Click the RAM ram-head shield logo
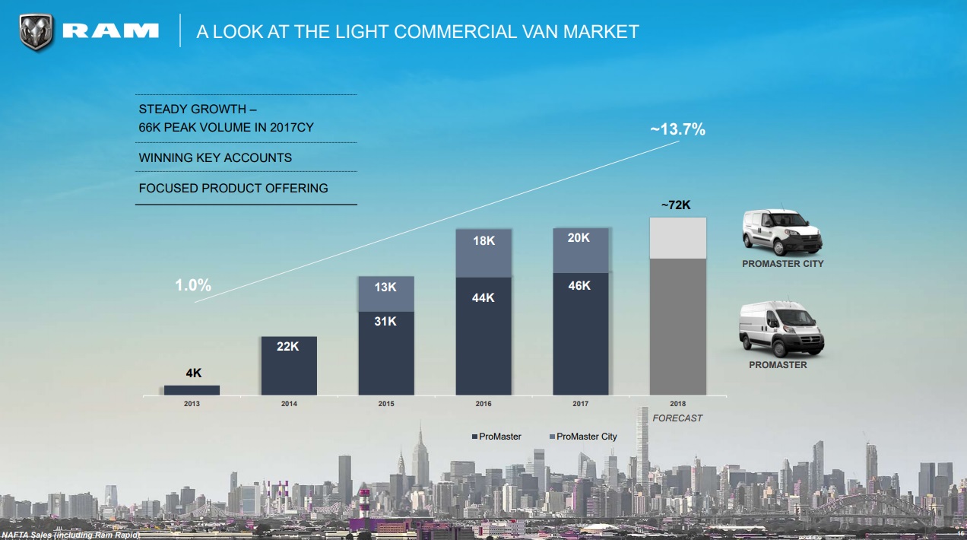[36, 32]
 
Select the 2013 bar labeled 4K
[192, 390]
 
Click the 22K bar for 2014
[289, 366]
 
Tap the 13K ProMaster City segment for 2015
[386, 294]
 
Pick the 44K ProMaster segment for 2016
[483, 335]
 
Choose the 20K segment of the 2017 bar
[581, 250]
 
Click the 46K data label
[579, 286]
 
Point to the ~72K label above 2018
[675, 205]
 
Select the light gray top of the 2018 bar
[678, 238]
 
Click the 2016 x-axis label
[483, 404]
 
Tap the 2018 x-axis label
[678, 404]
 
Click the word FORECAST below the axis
[677, 418]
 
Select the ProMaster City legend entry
[586, 437]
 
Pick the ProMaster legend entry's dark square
[474, 437]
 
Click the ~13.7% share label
[677, 129]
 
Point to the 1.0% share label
[193, 285]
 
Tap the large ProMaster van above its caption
[781, 329]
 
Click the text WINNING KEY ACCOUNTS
[215, 158]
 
